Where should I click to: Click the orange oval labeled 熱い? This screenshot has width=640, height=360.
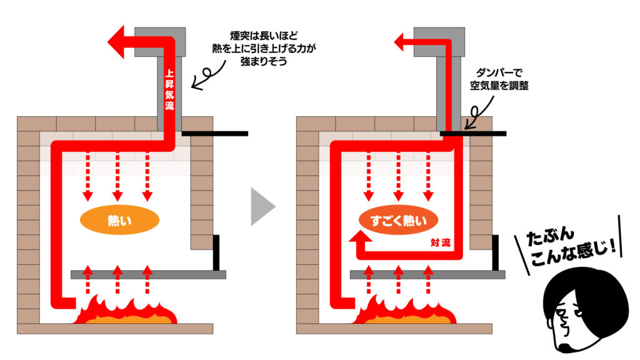pyautogui.click(x=119, y=220)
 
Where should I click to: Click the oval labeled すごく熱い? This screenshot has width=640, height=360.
pyautogui.click(x=398, y=220)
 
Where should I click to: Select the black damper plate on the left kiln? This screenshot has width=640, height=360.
pyautogui.click(x=215, y=133)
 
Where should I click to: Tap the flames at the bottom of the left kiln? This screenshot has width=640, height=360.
pyautogui.click(x=126, y=311)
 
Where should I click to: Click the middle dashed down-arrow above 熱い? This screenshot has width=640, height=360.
pyautogui.click(x=118, y=174)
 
